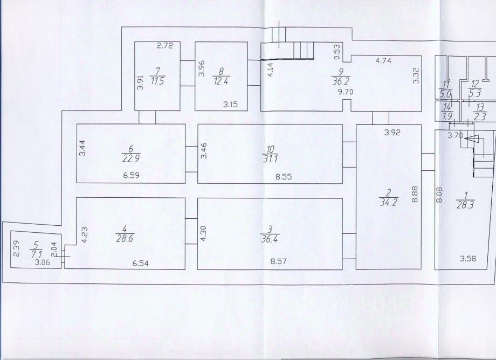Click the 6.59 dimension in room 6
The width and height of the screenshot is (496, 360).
(131, 175)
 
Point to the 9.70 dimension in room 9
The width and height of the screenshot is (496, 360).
(345, 92)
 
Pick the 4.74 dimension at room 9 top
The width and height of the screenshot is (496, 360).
(383, 60)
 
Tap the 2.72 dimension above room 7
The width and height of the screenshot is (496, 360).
(164, 47)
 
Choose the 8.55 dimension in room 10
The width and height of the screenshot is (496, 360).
(277, 176)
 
